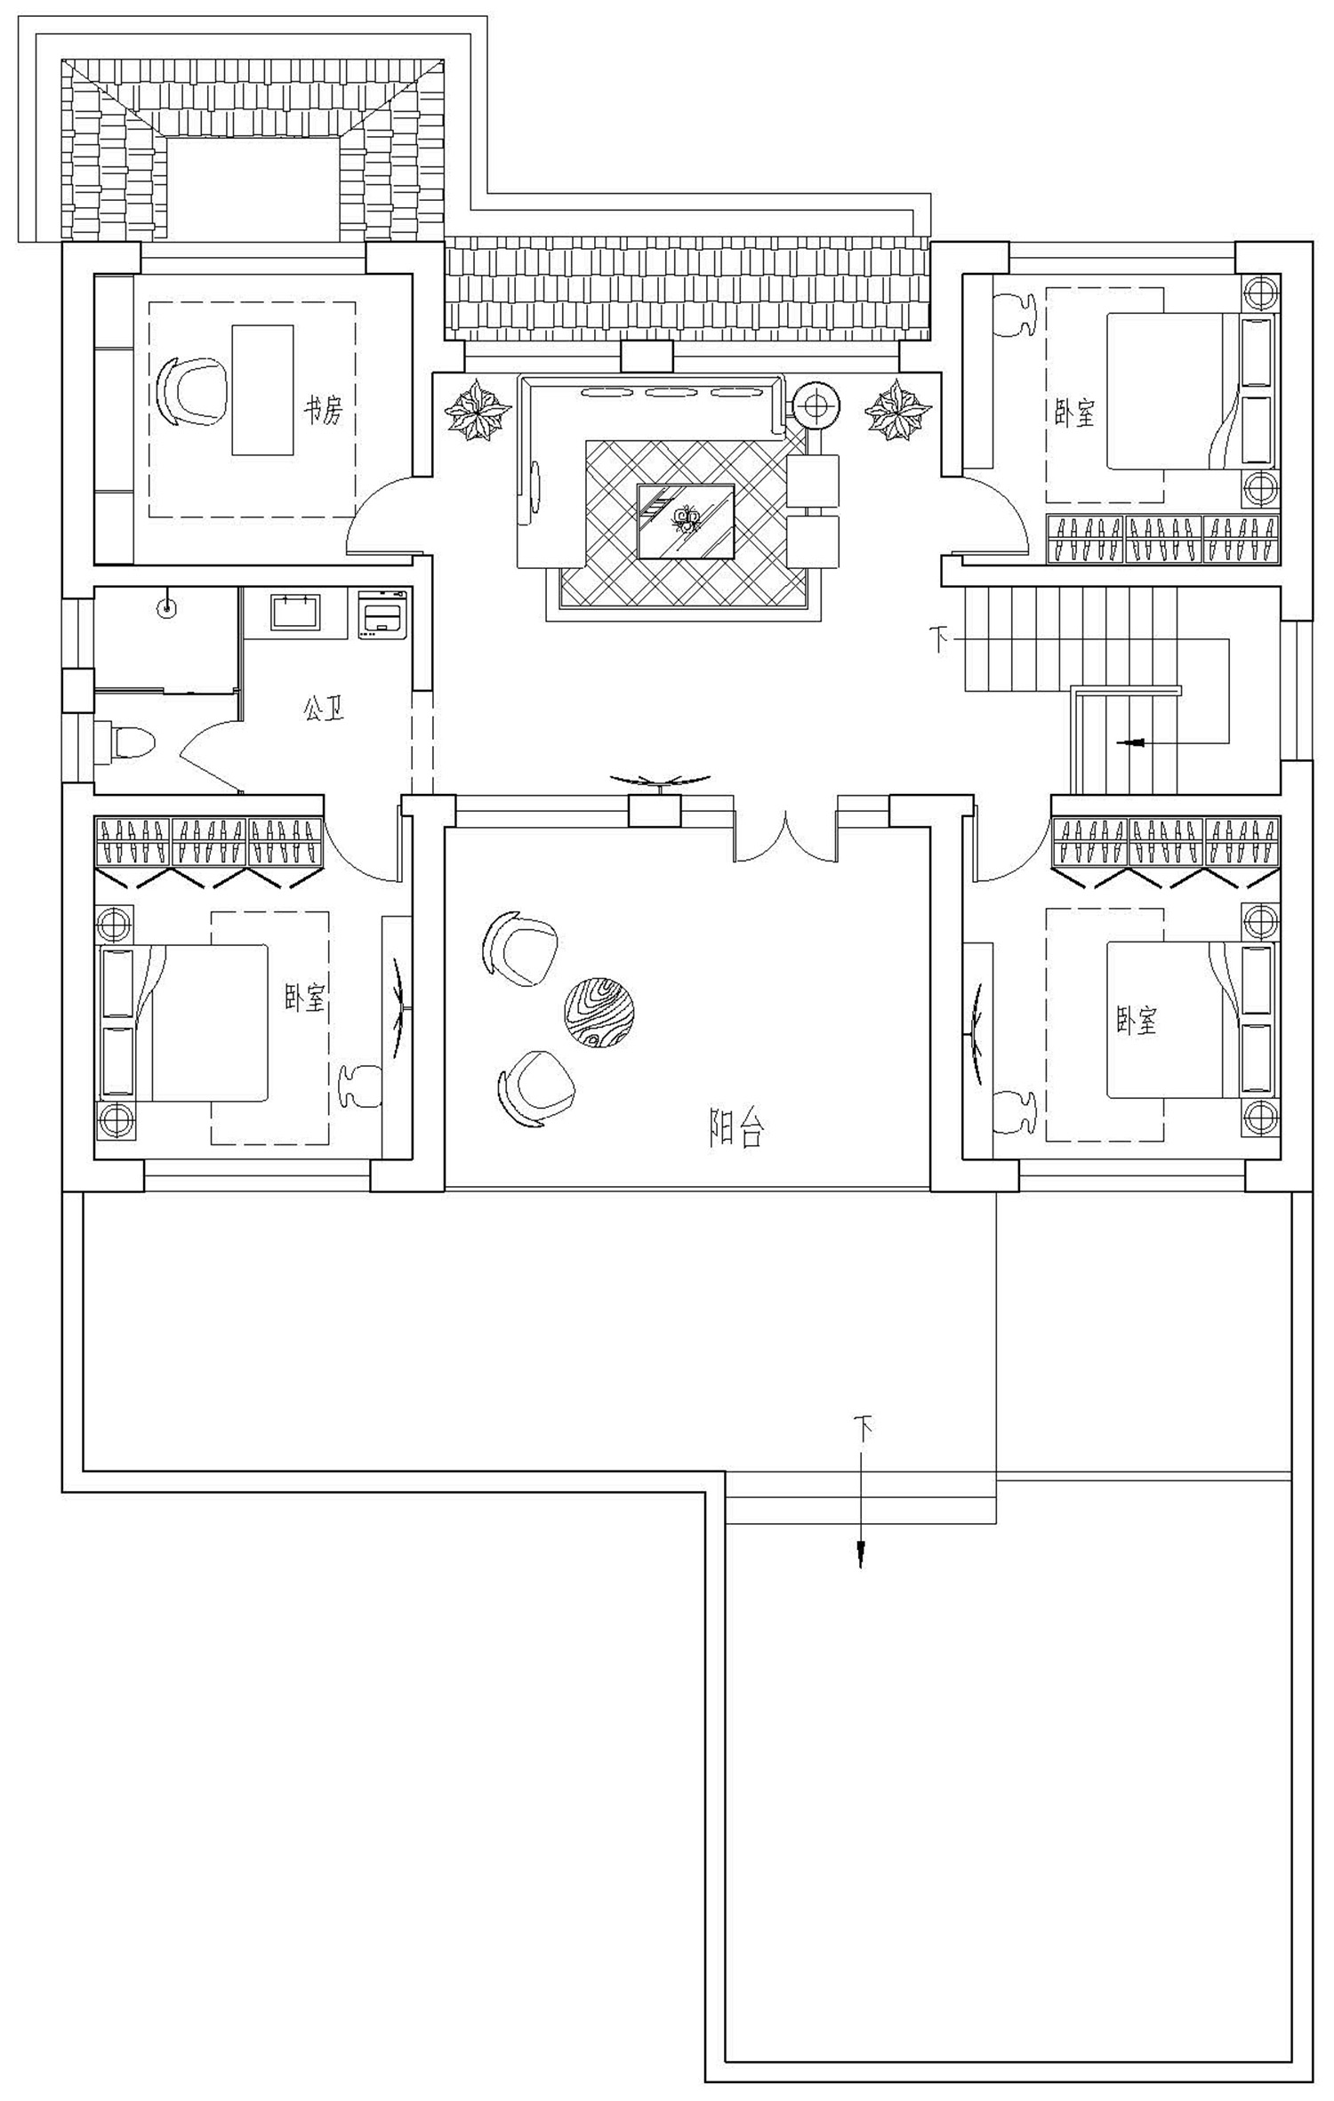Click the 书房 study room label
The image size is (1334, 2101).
coord(322,411)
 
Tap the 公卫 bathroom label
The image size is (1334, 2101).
coord(324,709)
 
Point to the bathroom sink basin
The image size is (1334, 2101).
coord(295,613)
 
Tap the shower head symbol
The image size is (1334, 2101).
coord(165,608)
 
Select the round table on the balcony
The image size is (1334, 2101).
coord(599,1012)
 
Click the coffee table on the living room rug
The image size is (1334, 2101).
coord(686,521)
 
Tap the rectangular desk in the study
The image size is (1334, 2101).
coord(262,390)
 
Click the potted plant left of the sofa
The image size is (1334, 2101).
coord(478,410)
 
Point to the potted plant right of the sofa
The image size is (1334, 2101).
coord(899,409)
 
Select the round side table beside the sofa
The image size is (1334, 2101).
coord(816,406)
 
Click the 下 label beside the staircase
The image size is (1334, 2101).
coord(939,638)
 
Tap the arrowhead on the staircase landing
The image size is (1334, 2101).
coord(1130,742)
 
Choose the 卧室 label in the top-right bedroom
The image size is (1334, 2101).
coord(1074,413)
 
